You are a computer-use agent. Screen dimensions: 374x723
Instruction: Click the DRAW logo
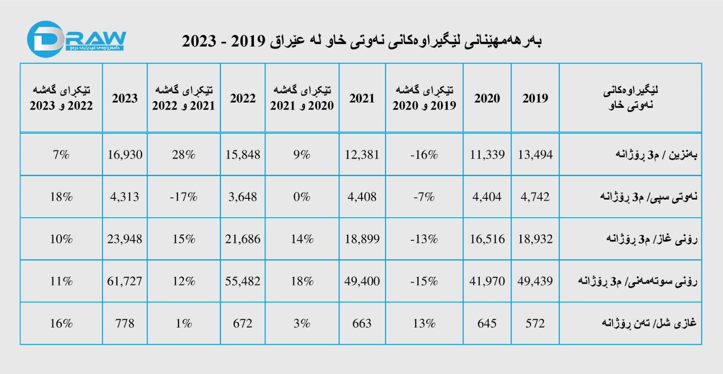click(76, 40)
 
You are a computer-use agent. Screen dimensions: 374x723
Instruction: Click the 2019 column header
click(535, 98)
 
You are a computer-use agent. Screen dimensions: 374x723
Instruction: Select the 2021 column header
click(362, 98)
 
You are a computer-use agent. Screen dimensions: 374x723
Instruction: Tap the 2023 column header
click(125, 98)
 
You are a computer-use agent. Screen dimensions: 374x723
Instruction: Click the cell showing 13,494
click(535, 155)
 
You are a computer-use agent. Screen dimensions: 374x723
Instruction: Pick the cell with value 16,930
click(125, 155)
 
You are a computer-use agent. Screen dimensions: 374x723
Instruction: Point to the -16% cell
click(424, 155)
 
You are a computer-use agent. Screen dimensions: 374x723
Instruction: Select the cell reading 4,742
click(535, 197)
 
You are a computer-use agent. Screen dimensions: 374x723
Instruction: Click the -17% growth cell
click(183, 197)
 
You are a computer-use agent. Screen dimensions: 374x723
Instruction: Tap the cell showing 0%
click(302, 197)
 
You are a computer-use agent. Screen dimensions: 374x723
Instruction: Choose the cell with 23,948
click(125, 239)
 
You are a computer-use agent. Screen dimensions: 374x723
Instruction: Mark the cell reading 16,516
click(487, 239)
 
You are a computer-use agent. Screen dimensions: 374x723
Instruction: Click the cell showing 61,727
click(125, 281)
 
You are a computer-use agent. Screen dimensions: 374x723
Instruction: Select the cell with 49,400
click(362, 281)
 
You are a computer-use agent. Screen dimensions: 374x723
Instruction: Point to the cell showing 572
click(535, 323)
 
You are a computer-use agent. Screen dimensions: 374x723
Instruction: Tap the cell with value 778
click(125, 323)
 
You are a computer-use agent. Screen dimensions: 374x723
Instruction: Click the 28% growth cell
click(183, 155)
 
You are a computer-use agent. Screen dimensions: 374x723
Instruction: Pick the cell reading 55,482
click(243, 281)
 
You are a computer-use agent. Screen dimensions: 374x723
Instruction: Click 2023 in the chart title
click(199, 41)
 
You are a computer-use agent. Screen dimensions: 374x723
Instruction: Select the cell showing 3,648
click(243, 197)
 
